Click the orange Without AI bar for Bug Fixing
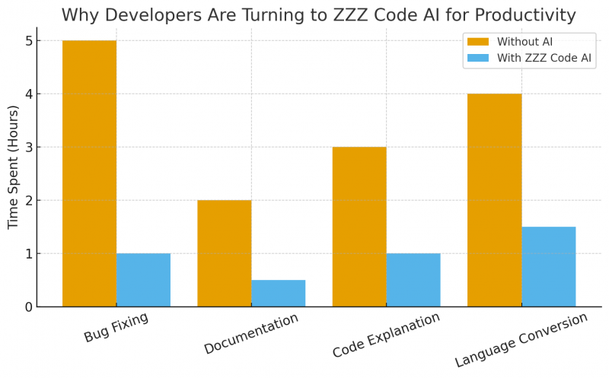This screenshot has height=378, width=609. [x=89, y=173]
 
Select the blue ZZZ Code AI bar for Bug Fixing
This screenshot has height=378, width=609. [x=143, y=280]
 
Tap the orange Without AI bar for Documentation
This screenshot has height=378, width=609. [x=224, y=253]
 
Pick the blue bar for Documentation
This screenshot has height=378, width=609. [x=278, y=294]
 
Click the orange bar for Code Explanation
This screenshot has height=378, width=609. [x=359, y=227]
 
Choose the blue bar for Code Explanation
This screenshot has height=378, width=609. [x=413, y=280]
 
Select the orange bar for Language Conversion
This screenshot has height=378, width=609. [x=494, y=200]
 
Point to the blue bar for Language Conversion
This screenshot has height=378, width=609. [x=548, y=266]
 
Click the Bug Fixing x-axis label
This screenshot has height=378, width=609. [x=116, y=327]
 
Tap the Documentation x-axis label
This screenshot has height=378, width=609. [x=251, y=333]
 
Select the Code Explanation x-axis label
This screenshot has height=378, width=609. [x=386, y=335]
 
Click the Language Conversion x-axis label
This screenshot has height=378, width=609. [x=521, y=339]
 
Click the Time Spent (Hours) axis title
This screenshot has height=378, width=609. [x=13, y=167]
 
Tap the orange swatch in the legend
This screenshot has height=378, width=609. [x=478, y=41]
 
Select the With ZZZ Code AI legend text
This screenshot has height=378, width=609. [x=544, y=58]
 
